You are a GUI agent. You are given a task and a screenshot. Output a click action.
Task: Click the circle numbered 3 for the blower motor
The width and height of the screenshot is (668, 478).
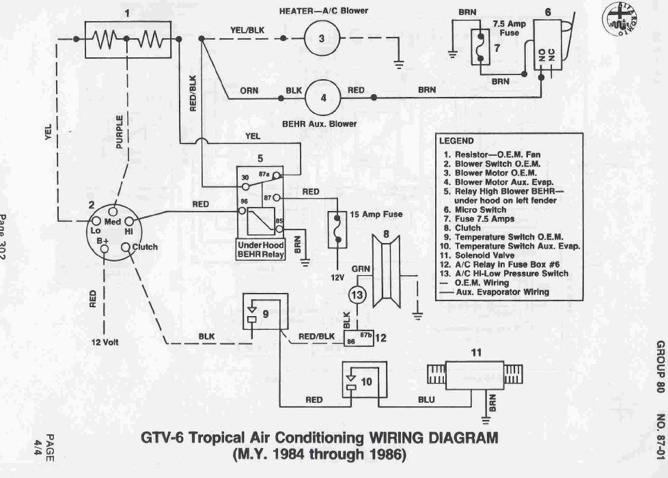click(x=322, y=38)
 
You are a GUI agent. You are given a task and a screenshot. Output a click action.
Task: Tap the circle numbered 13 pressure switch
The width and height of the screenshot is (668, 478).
click(x=357, y=295)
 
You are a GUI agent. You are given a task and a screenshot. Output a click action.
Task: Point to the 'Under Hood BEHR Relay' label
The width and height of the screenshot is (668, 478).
click(x=260, y=249)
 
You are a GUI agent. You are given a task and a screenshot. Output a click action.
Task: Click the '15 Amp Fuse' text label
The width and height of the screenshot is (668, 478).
click(x=376, y=214)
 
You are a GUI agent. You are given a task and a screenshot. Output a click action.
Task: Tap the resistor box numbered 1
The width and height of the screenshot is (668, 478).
click(x=127, y=40)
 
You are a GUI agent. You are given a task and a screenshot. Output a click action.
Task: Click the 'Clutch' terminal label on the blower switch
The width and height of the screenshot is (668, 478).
click(x=145, y=247)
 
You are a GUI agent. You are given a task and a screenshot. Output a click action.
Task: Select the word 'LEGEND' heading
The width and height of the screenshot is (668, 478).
click(x=456, y=141)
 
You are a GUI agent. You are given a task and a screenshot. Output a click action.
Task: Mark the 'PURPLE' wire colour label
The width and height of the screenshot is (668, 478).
click(x=120, y=132)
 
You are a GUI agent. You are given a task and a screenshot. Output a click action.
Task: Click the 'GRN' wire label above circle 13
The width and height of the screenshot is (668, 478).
click(x=361, y=269)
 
